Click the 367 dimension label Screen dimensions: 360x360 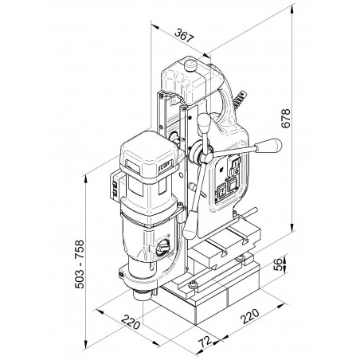pos(184,36)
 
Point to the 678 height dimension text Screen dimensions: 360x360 pos(286,118)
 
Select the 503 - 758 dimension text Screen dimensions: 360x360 pos(80,264)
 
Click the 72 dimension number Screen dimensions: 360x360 pos(205,342)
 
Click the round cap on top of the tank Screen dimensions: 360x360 pos(190,65)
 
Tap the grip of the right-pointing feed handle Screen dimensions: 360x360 pos(268,146)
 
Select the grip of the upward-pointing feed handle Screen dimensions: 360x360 pos(205,123)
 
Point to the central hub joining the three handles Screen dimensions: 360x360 pos(205,156)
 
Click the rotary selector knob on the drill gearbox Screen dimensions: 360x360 pos(162,248)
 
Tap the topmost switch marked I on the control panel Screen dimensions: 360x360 pos(235,162)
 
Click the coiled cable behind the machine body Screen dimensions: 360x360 pos(240,100)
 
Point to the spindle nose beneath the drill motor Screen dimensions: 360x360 pos(143,295)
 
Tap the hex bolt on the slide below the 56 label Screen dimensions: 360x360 pos(241,259)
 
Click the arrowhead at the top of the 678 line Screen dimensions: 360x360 pos(292,10)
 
